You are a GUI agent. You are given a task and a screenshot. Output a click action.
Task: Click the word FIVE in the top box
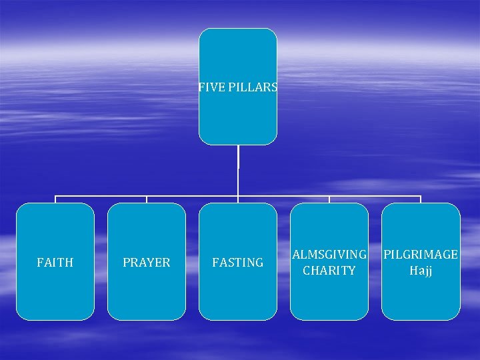pos(208,87)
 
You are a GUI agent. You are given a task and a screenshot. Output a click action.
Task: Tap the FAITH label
pos(55,263)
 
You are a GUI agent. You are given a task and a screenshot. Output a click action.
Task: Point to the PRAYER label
pos(147,263)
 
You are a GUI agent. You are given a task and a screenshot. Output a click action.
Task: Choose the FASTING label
pos(238,263)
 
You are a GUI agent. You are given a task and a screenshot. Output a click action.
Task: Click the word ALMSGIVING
pos(329,255)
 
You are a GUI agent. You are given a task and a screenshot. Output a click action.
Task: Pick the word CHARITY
pos(329,271)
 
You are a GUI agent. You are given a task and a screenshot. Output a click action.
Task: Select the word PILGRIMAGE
pos(421,255)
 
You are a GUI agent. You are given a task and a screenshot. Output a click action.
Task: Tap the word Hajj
pos(421,271)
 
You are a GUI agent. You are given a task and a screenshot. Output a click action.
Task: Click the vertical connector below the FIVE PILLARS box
pos(238,170)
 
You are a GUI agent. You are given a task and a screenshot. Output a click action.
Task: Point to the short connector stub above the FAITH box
pos(55,199)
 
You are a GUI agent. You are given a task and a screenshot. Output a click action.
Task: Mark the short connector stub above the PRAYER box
pos(147,199)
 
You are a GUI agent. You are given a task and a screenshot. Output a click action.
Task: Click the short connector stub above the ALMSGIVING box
pos(329,199)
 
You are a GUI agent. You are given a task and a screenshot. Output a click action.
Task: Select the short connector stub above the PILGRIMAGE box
pos(421,199)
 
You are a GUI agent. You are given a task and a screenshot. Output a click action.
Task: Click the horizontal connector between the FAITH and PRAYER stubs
pos(101,196)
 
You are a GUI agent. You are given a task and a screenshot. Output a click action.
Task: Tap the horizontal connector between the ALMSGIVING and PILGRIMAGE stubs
pos(375,196)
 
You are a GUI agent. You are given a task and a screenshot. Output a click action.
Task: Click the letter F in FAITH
pos(40,263)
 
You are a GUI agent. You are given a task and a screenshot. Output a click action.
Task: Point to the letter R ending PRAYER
pos(167,263)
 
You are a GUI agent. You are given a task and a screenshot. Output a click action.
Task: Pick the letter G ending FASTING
pos(259,263)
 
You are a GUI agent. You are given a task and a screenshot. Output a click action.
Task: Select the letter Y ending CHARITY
pos(351,271)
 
